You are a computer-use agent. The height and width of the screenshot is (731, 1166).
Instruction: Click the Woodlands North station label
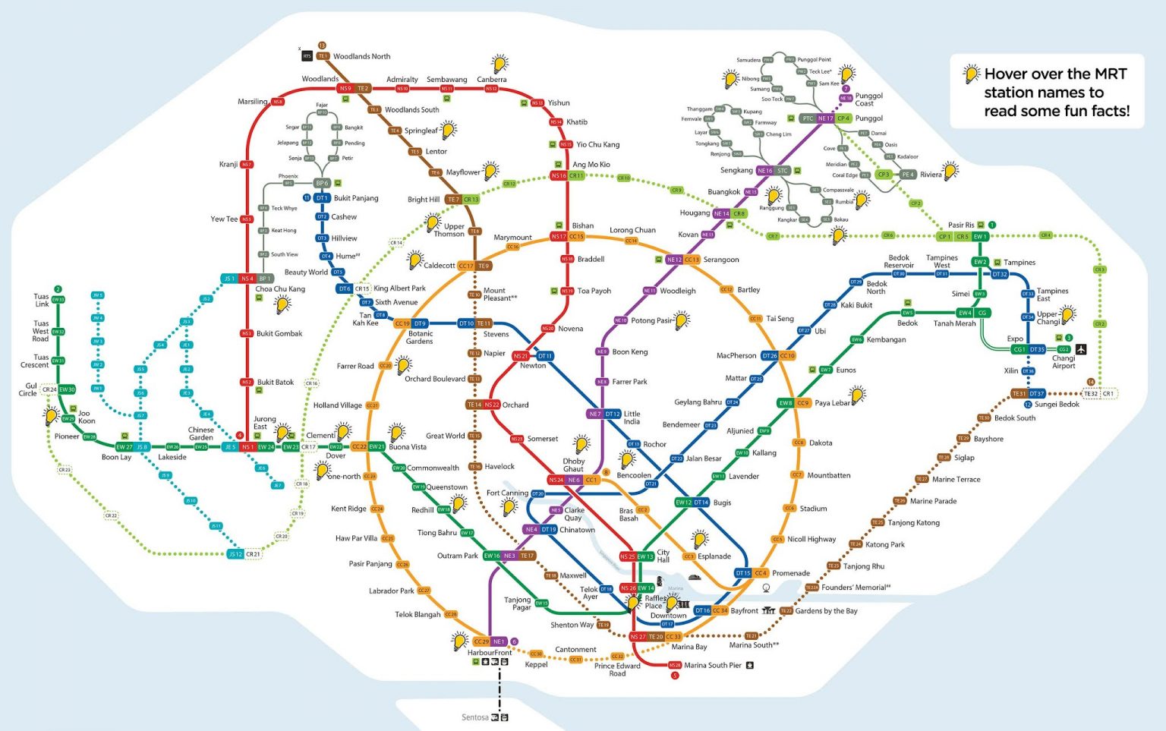point(361,56)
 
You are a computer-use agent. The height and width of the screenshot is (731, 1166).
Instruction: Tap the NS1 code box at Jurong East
point(247,447)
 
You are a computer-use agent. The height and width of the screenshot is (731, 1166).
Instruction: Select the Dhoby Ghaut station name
point(573,465)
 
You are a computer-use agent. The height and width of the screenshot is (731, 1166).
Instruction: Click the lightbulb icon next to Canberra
point(499,63)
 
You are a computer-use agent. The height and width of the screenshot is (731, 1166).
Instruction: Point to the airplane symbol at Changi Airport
point(1081,349)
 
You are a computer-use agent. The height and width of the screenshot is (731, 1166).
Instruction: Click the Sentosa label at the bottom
point(474,717)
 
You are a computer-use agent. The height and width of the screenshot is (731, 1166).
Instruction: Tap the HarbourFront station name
point(490,653)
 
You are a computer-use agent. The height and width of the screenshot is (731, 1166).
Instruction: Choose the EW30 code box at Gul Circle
point(67,389)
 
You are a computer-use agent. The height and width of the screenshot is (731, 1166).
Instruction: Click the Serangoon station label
point(720,260)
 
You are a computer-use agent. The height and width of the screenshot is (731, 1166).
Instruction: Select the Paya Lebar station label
point(832,403)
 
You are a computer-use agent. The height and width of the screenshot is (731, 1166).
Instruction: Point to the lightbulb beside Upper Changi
point(1067,314)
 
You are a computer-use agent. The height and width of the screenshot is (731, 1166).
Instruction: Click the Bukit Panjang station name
point(355,198)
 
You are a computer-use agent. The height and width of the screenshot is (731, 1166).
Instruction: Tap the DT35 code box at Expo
point(1037,349)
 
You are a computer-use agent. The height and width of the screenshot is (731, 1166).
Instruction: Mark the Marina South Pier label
point(712,665)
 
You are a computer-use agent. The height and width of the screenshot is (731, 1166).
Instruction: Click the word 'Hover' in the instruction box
point(1007,74)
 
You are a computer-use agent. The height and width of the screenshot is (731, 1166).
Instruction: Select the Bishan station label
point(583,225)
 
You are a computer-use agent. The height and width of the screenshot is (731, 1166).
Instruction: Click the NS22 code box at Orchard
point(492,405)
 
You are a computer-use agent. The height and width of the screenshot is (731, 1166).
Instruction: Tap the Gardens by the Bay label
point(826,610)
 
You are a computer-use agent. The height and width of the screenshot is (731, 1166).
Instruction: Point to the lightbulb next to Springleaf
point(449,129)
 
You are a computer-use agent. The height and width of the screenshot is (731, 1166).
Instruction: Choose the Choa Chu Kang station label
point(280,288)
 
